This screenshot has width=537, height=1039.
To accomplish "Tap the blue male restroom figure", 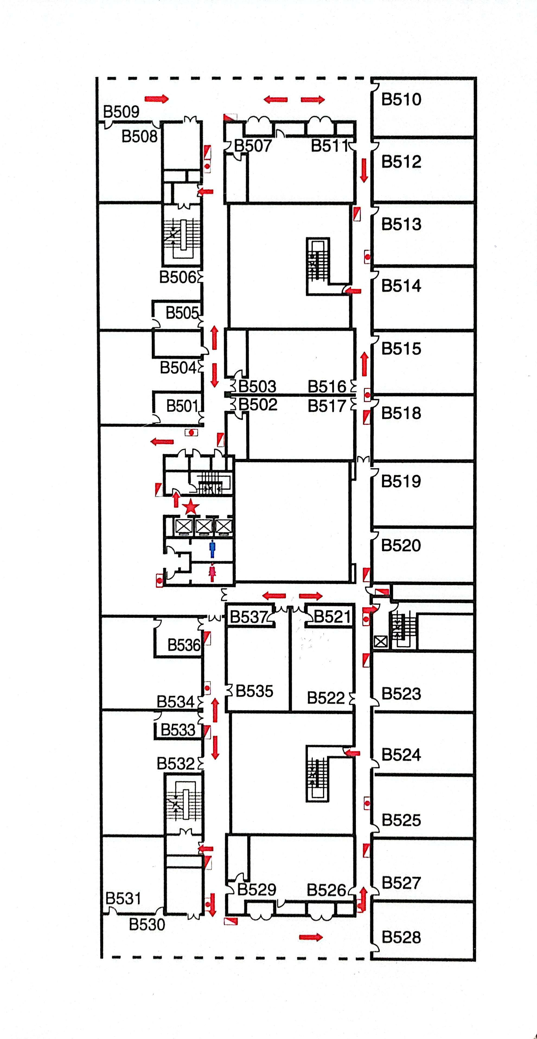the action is point(212,549).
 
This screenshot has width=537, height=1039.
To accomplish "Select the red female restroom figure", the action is point(212,573).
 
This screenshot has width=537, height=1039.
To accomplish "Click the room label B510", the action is point(401,99).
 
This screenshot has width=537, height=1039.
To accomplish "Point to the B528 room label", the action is point(401,937).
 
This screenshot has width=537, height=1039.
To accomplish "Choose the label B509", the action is point(121,111).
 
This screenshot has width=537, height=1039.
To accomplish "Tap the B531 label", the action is point(123,898).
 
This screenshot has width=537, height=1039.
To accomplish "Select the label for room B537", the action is point(248,617).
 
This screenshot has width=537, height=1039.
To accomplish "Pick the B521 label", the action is point(332,617).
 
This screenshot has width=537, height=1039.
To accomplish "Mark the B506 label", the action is point(178,277).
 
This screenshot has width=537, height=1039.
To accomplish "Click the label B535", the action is point(254,691).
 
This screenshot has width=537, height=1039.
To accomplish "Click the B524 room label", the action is point(401,754).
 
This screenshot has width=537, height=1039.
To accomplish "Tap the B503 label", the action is point(257,386).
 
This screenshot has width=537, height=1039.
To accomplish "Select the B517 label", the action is point(327,406).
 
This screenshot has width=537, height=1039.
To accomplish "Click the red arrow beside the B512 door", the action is point(364,170).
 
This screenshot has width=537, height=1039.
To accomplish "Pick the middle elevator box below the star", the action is point(204,526).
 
